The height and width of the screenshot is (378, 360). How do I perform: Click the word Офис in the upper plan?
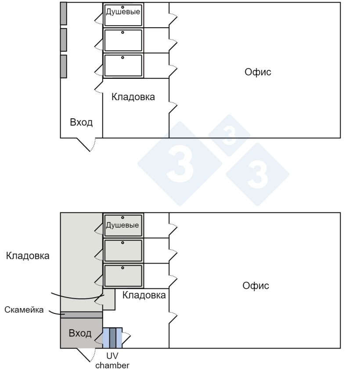[x=258, y=72]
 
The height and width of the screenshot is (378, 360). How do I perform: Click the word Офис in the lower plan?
[x=256, y=286]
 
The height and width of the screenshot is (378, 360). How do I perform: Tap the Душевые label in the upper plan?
[x=123, y=12]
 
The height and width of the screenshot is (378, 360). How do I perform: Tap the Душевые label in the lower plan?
[x=122, y=225]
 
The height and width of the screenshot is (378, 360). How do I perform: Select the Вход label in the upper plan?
[x=81, y=122]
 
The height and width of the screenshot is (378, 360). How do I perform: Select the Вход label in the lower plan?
[x=80, y=333]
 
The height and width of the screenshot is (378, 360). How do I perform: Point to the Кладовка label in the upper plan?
[x=133, y=97]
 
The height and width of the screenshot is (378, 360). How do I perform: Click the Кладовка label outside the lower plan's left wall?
[x=28, y=256]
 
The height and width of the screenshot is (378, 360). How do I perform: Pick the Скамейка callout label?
[x=24, y=310]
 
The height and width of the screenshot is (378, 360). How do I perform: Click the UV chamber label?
[x=112, y=361]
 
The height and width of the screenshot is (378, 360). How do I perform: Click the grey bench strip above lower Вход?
[x=81, y=315]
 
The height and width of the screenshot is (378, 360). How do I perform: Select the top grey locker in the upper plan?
[x=64, y=14]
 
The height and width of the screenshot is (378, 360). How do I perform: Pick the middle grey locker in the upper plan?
[x=64, y=40]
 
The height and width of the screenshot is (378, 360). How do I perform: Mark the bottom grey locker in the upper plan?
[x=64, y=66]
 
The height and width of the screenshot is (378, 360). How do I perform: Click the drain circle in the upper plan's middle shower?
[x=122, y=32]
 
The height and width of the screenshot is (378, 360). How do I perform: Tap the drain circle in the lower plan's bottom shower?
[x=122, y=268]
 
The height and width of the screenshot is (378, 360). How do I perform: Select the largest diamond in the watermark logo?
[x=180, y=164]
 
